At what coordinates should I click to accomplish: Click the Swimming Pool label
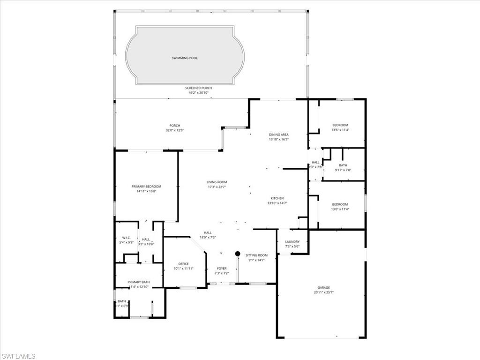pyautogui.click(x=184, y=58)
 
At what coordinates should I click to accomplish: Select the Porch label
pyautogui.click(x=175, y=125)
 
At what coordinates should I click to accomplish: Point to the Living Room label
pyautogui.click(x=217, y=182)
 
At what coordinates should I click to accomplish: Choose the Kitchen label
pyautogui.click(x=277, y=198)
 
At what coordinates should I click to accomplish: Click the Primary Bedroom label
pyautogui.click(x=146, y=187)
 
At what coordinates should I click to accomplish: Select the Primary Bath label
pyautogui.click(x=138, y=282)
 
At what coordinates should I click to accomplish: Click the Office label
pyautogui.click(x=183, y=264)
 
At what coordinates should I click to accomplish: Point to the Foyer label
pyautogui.click(x=222, y=269)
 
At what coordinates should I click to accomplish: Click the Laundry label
pyautogui.click(x=292, y=242)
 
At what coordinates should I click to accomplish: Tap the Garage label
pyautogui.click(x=323, y=287)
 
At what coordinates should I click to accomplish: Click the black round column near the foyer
pyautogui.click(x=238, y=254)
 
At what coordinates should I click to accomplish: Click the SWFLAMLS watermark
pyautogui.click(x=18, y=356)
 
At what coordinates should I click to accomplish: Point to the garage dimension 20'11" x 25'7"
pyautogui.click(x=323, y=292)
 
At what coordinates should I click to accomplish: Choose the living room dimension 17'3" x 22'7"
pyautogui.click(x=217, y=187)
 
